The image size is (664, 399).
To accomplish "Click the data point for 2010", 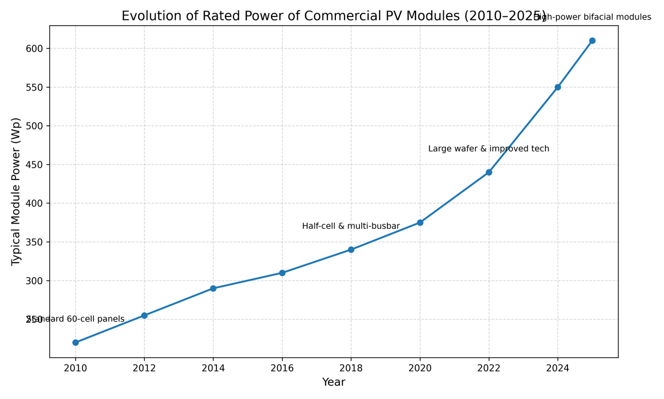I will point(75,343).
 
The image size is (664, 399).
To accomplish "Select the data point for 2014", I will point(213,288).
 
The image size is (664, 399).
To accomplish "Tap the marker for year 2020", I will point(420,223).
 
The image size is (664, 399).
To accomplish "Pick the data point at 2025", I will point(592,41).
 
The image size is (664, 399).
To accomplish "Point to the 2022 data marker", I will point(489,173).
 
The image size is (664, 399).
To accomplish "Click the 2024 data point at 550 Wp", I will point(558,87).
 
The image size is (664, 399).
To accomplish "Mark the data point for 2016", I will point(282,273).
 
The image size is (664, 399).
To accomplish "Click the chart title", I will point(334,16).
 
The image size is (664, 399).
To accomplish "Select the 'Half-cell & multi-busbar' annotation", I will point(351,226).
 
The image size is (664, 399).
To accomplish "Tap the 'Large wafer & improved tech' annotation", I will point(489,149).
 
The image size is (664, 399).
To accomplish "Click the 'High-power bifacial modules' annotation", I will point(592,17).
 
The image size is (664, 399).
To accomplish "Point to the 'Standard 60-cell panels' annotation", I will point(75,319).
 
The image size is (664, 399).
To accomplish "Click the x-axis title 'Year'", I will point(334,383).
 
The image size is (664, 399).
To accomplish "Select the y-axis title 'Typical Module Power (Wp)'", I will point(16,191).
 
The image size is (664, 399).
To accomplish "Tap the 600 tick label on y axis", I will point(34,49).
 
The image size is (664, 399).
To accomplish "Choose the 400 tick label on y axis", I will point(34,203).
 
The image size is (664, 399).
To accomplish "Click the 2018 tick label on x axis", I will point(351,369).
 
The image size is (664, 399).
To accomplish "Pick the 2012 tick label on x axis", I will point(144,369).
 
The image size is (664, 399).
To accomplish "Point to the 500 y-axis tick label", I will point(34,126).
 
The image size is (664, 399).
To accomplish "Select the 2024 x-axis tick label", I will point(558,369).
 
